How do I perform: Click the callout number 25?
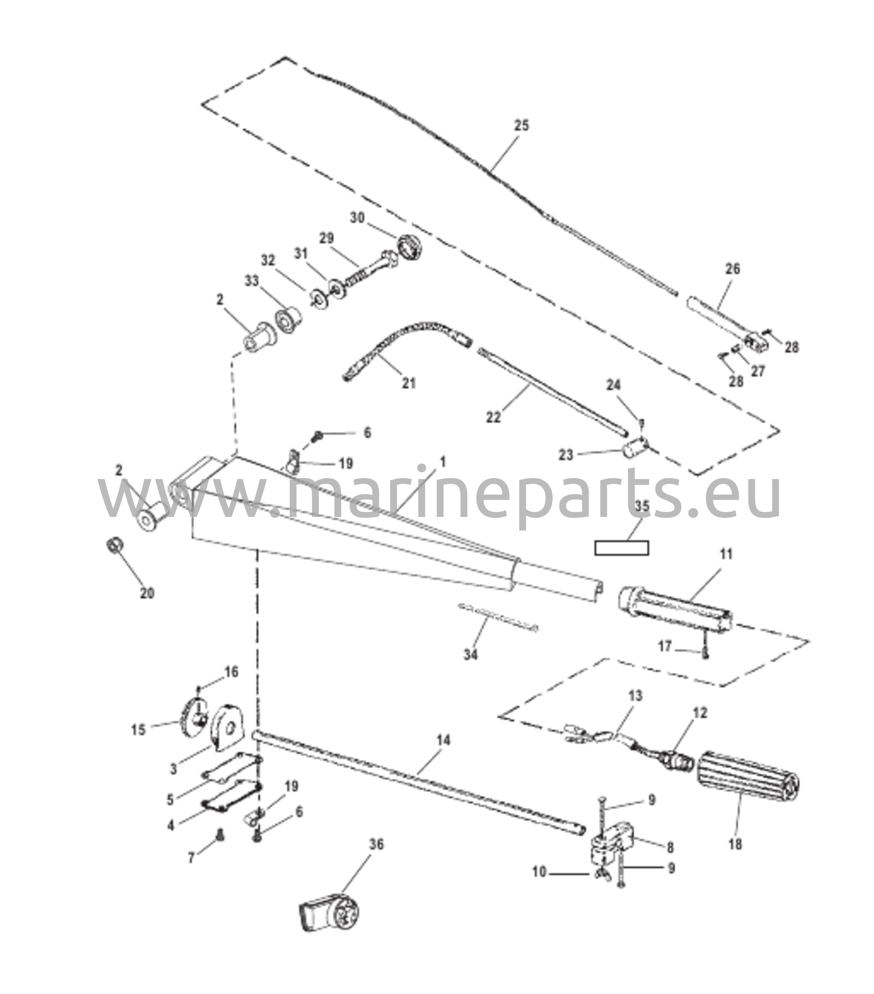tap(521, 125)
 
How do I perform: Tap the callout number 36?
tap(376, 845)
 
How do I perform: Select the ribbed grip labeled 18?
tap(748, 782)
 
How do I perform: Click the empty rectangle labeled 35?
tap(621, 548)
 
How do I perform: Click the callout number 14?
tap(443, 741)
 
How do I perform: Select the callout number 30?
tap(357, 218)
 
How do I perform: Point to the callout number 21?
tap(409, 383)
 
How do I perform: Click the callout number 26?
tap(732, 268)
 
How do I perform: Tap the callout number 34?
tap(470, 655)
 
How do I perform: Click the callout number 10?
tap(539, 872)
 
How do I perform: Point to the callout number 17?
tap(665, 646)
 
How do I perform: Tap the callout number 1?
tap(442, 462)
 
